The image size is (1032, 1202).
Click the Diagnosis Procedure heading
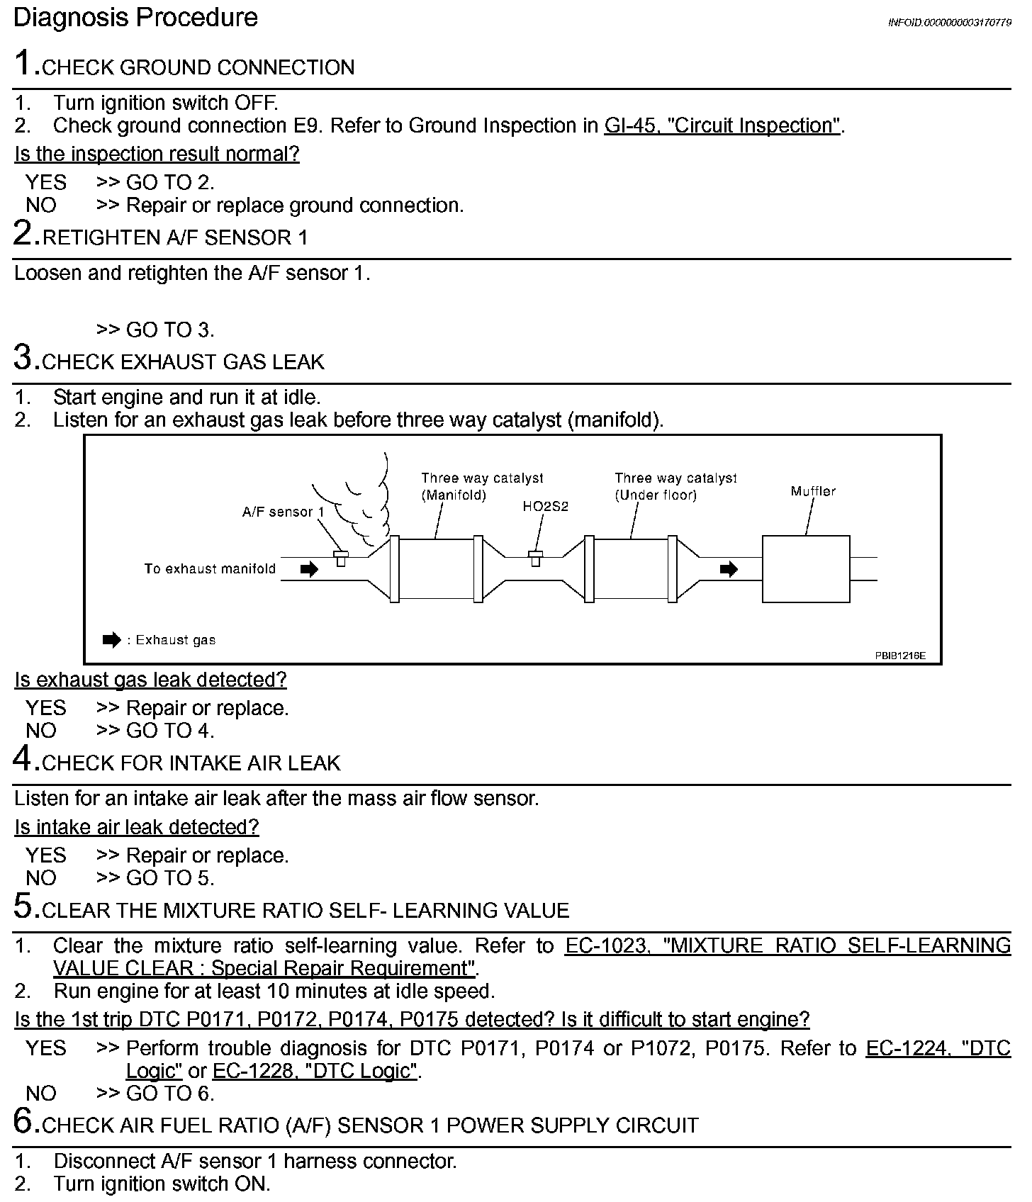135,18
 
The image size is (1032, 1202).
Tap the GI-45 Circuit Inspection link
722,126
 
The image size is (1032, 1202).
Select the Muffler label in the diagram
813,491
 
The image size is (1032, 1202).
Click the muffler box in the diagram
805,569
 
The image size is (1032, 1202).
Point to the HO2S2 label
546,507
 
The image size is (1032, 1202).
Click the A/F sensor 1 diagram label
283,512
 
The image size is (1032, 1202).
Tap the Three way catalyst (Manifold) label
482,486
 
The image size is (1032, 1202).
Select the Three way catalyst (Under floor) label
675,486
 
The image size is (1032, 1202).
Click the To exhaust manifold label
210,569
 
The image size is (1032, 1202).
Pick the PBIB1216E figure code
899,656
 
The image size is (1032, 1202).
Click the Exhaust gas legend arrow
112,640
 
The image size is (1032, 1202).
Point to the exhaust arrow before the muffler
729,569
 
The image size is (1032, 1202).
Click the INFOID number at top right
949,23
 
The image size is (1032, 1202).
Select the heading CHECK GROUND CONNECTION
198,68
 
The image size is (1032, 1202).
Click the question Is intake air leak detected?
137,827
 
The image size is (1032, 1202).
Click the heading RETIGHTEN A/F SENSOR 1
175,238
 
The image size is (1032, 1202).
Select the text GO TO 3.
169,330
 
